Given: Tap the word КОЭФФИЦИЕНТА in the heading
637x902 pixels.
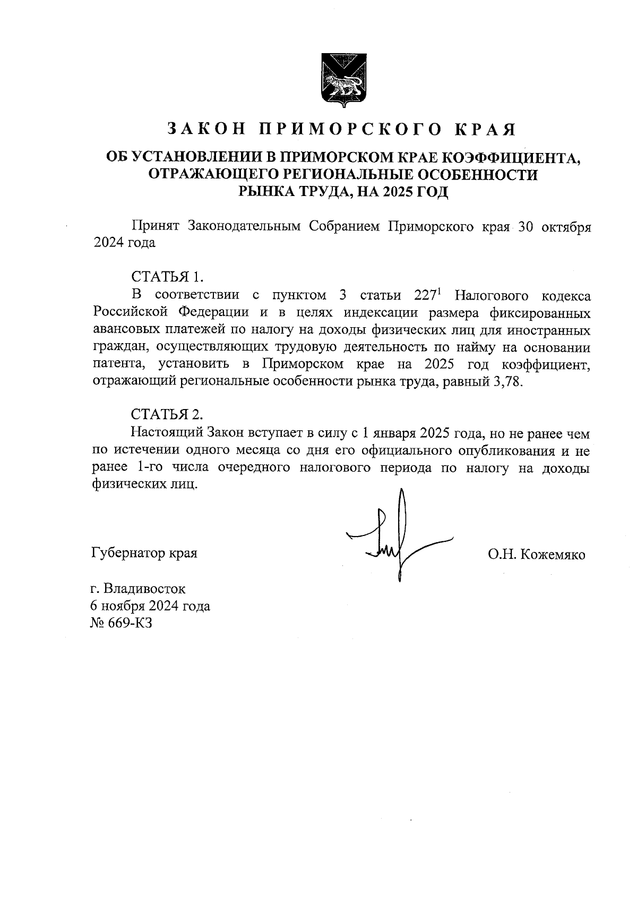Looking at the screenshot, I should pos(512,157).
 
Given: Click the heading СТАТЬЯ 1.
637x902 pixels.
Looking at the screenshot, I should pos(167,277).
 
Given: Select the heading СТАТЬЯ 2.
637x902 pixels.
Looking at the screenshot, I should pos(167,414).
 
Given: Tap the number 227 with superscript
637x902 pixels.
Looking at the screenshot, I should pos(425,295).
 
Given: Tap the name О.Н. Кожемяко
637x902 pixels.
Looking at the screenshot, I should pos(537,555).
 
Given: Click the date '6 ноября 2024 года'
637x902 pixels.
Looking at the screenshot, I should pos(151,606).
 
